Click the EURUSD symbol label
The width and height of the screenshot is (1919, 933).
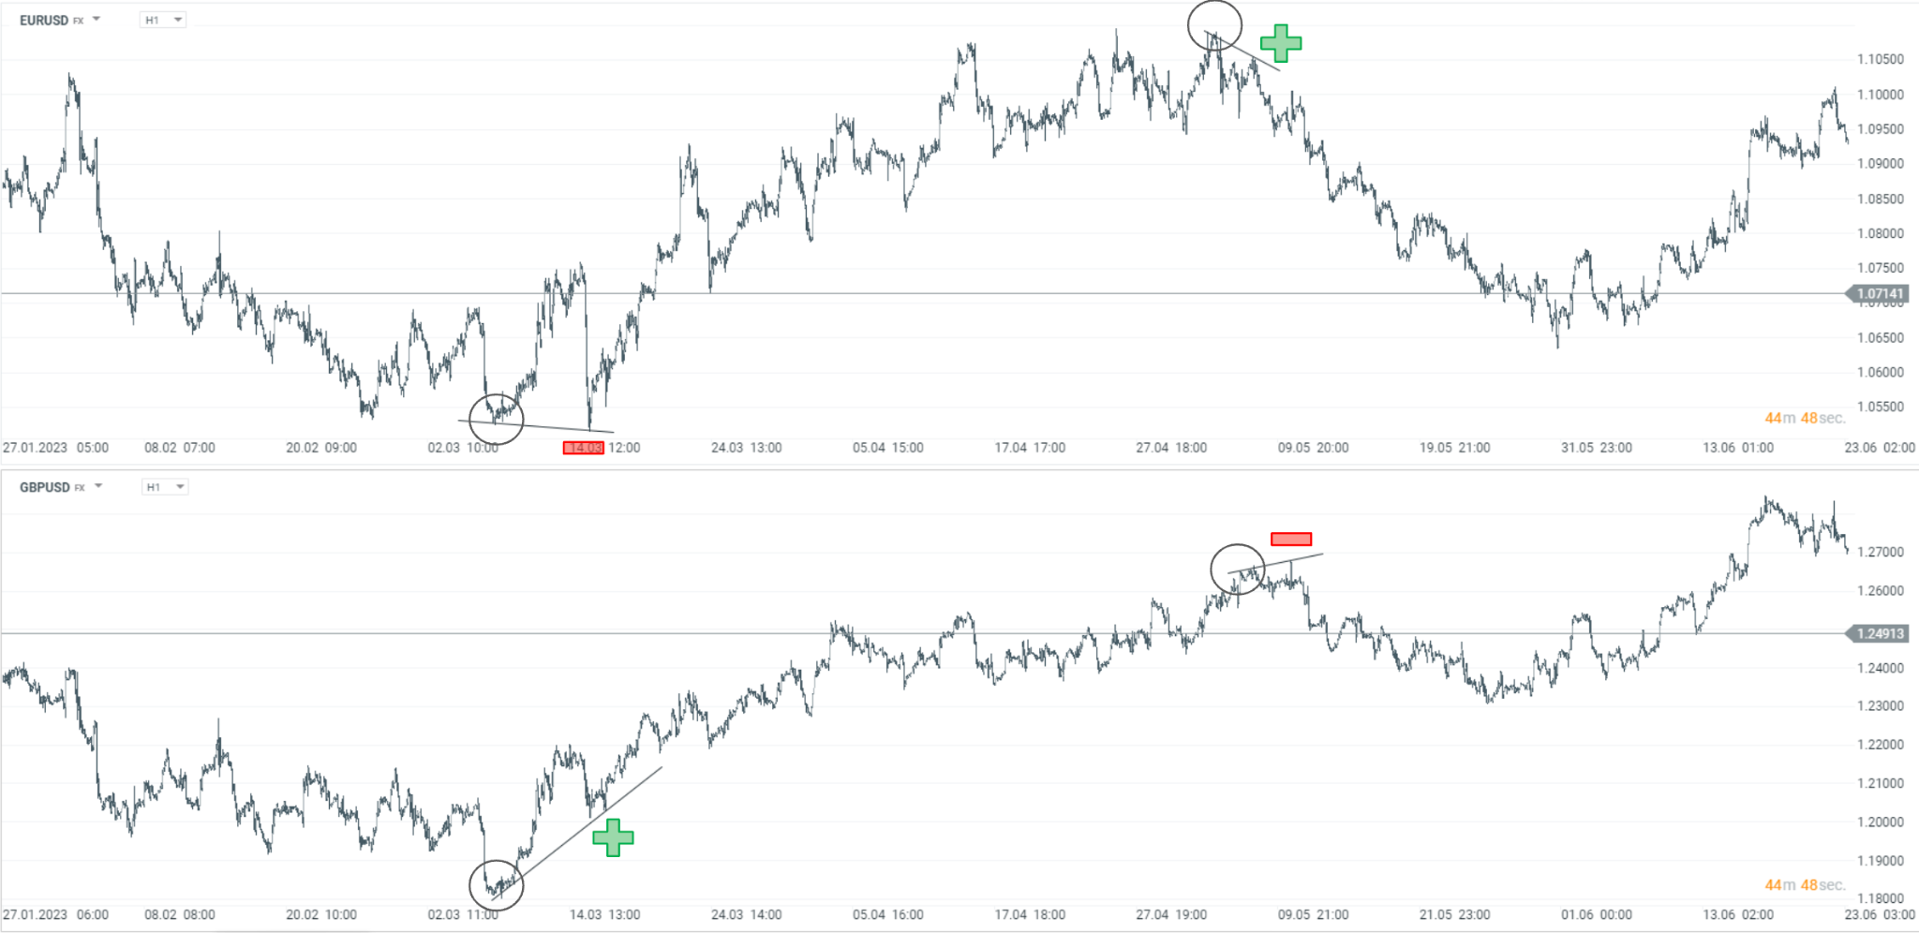(x=44, y=20)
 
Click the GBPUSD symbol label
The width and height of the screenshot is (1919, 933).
(x=45, y=487)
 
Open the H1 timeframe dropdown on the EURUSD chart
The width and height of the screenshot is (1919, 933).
(x=163, y=20)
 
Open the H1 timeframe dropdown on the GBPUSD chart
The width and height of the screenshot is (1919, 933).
(x=165, y=487)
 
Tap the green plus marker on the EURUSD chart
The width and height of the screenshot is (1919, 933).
(x=1281, y=43)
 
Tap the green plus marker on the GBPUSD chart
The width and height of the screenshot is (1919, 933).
(x=613, y=837)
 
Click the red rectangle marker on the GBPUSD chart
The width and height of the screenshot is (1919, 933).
(x=1291, y=539)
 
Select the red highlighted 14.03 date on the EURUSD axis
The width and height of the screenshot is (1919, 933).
(x=583, y=448)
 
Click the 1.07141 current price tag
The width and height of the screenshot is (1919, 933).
(x=1880, y=294)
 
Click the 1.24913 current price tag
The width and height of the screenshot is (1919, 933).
(x=1880, y=634)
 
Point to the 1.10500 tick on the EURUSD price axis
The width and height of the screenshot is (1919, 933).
(x=1880, y=59)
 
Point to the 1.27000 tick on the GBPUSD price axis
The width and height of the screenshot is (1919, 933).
(x=1880, y=552)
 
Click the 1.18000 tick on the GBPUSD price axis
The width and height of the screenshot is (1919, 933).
(x=1880, y=898)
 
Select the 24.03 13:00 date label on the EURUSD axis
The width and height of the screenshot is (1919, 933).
(x=746, y=448)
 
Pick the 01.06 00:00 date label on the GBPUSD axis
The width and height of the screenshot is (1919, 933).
(x=1596, y=914)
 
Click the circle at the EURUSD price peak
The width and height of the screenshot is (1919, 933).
(x=1214, y=25)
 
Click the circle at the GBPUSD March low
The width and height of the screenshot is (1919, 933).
(x=496, y=885)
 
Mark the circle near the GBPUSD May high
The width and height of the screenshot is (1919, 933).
(x=1238, y=569)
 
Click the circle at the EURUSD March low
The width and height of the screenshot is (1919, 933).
(x=496, y=419)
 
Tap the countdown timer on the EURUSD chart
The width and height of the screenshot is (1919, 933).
(x=1805, y=418)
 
